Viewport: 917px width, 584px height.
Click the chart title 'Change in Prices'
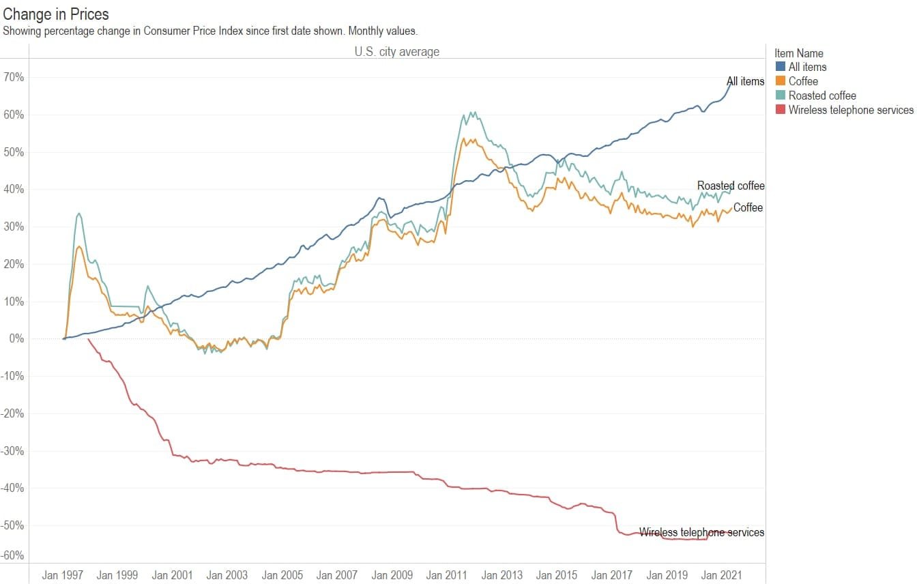pyautogui.click(x=56, y=14)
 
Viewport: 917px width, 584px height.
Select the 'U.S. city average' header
pyautogui.click(x=396, y=51)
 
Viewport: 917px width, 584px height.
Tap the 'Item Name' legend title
pyautogui.click(x=798, y=53)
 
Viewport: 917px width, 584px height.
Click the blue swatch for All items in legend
pyautogui.click(x=781, y=67)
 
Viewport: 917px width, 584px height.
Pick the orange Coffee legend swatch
pyautogui.click(x=781, y=81)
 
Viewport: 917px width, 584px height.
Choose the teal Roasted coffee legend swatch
pyautogui.click(x=781, y=96)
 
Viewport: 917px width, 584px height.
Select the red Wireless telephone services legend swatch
pyautogui.click(x=781, y=110)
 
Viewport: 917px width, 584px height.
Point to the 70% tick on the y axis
pyautogui.click(x=14, y=77)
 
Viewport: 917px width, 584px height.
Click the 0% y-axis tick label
pyautogui.click(x=16, y=338)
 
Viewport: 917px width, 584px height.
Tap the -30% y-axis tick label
pyautogui.click(x=13, y=451)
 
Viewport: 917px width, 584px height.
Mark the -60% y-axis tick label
pyautogui.click(x=13, y=555)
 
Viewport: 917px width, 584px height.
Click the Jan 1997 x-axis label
pyautogui.click(x=62, y=575)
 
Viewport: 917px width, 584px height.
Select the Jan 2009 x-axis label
pyautogui.click(x=392, y=575)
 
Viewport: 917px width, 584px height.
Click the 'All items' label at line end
pyautogui.click(x=745, y=81)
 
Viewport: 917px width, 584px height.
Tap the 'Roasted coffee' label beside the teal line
pyautogui.click(x=730, y=186)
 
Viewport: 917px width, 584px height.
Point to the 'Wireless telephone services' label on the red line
pyautogui.click(x=701, y=532)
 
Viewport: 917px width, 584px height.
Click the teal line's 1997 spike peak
pyautogui.click(x=79, y=214)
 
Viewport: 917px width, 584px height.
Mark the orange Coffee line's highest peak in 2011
pyautogui.click(x=464, y=139)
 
